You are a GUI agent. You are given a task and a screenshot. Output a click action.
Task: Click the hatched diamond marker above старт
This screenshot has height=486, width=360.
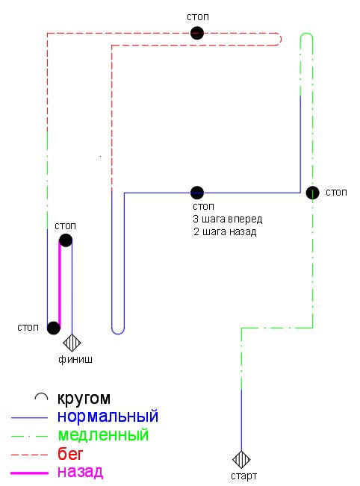point(241,459)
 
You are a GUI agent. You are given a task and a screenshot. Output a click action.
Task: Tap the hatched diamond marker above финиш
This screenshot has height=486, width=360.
point(72,343)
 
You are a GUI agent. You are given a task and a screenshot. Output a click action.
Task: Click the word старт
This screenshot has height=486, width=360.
point(244,476)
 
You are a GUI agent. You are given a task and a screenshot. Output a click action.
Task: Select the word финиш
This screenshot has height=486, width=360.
point(75,360)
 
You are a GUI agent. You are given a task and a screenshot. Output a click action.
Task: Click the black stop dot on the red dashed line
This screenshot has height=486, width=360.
point(197,33)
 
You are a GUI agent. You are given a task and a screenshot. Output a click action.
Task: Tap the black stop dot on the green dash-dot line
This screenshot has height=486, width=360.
point(312,193)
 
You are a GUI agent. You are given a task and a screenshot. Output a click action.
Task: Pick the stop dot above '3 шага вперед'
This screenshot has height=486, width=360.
point(197,193)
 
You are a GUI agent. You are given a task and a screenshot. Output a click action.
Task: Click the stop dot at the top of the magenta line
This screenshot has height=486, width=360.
point(66,240)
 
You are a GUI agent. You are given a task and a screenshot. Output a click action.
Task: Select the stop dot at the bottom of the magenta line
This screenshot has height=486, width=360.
point(54,328)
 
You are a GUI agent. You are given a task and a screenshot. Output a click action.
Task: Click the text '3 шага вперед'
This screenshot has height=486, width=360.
point(227,219)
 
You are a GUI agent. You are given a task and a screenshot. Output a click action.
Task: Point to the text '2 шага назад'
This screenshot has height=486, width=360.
point(225,232)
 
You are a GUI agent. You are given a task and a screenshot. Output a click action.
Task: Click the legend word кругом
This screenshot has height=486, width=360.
point(84,399)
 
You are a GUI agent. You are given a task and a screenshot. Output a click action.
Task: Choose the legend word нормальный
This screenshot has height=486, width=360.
point(108,417)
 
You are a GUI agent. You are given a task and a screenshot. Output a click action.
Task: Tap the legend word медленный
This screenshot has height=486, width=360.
point(104,434)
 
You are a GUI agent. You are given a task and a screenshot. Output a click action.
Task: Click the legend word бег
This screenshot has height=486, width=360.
point(70,453)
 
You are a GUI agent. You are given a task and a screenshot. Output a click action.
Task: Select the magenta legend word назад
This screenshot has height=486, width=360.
point(81,472)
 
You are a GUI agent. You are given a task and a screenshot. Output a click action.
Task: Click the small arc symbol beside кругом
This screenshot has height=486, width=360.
point(41,394)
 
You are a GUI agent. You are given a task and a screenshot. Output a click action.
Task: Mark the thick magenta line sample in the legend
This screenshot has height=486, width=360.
point(29,473)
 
